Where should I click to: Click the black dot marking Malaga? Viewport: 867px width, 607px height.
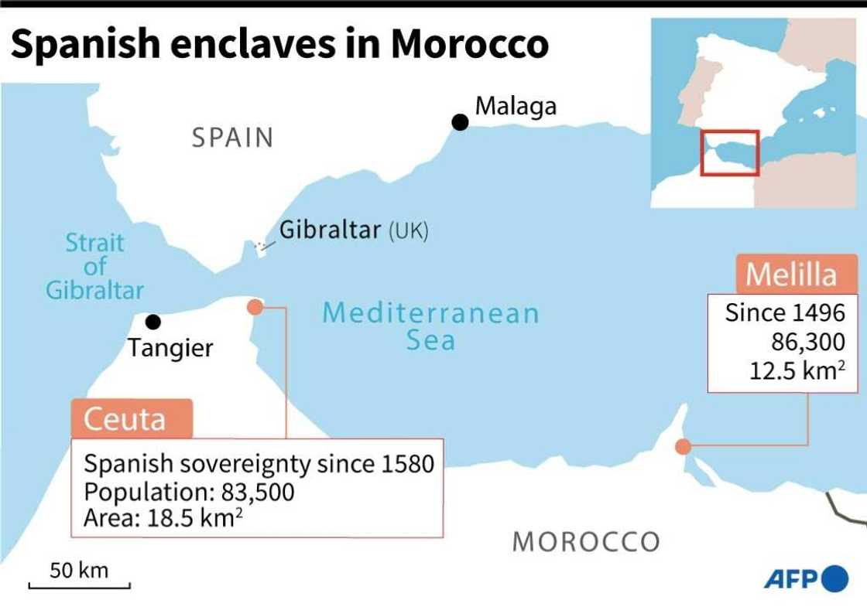[461, 122]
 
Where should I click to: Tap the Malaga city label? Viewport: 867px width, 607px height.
[515, 106]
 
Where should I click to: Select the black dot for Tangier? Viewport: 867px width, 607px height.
[153, 322]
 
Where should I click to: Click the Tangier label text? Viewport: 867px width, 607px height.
[170, 348]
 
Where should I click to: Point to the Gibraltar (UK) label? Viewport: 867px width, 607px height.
[353, 230]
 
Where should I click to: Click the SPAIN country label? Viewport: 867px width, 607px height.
[233, 138]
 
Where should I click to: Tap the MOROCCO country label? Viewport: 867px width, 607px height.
[586, 541]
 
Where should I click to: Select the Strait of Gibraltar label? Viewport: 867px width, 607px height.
[94, 267]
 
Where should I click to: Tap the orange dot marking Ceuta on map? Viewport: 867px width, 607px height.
[254, 307]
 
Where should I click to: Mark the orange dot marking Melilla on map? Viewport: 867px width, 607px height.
[683, 446]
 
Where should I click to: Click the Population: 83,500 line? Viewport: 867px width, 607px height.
[189, 492]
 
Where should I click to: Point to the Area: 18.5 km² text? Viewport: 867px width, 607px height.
[163, 517]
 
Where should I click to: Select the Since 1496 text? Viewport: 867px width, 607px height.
[784, 314]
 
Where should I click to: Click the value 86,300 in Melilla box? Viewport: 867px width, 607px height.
[807, 342]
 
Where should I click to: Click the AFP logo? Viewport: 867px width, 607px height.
[806, 578]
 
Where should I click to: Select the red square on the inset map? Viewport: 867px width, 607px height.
[730, 152]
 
